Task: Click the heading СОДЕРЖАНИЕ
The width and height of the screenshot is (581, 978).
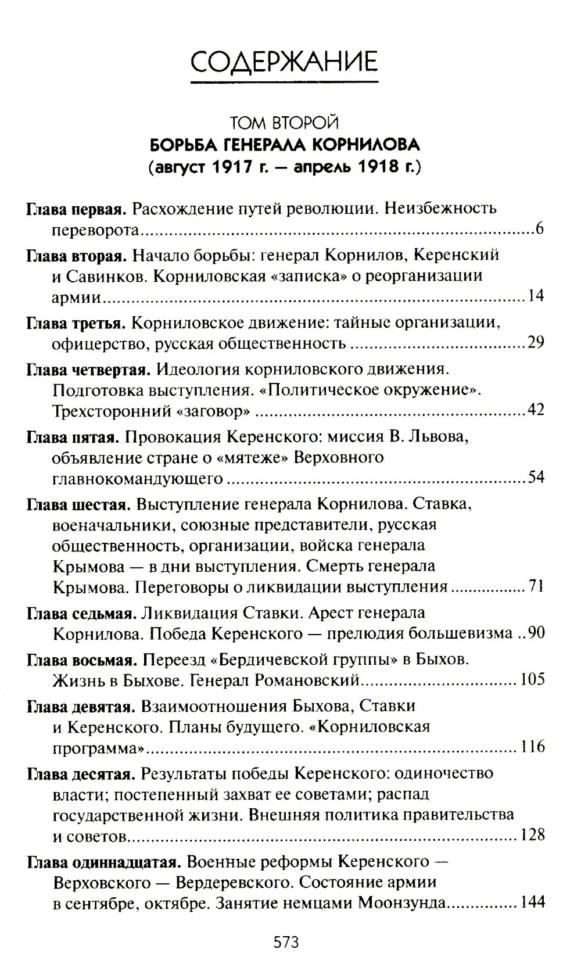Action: point(285,60)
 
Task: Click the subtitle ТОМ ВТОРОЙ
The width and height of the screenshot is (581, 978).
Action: point(284,123)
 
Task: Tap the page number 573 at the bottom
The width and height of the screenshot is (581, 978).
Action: point(286,942)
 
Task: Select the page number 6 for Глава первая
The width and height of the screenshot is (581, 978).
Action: point(539,230)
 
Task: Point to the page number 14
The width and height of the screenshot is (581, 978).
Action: point(536,296)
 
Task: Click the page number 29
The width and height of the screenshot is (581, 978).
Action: point(536,342)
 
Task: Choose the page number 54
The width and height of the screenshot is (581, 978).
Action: point(536,478)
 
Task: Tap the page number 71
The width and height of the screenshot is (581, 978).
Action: point(536,586)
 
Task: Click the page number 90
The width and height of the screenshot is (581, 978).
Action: point(536,632)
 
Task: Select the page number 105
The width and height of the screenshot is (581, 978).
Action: point(532,679)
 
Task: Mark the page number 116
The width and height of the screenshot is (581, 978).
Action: point(532,746)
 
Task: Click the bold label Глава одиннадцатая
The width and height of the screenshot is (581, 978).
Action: point(104,862)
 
